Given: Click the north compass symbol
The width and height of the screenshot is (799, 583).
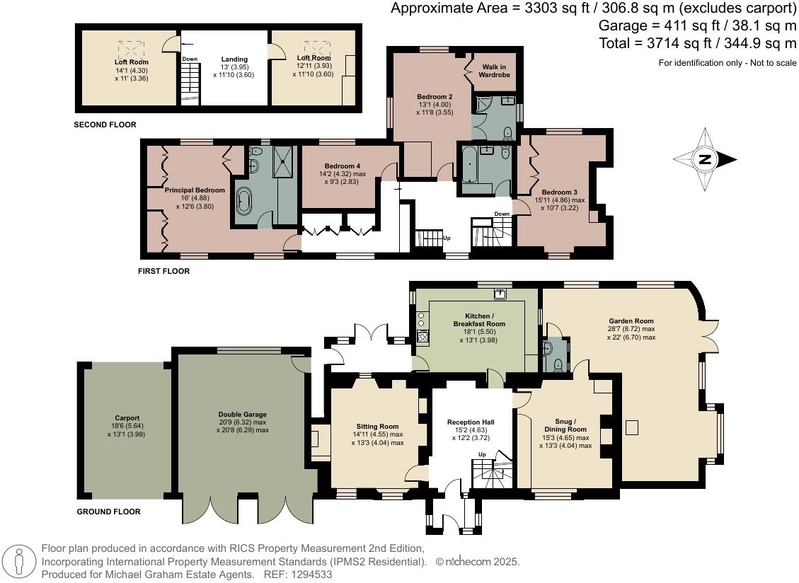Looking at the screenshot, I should (x=704, y=159).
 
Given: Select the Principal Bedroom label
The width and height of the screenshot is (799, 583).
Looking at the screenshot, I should (x=195, y=190).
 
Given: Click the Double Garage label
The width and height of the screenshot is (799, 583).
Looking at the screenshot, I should (x=243, y=415).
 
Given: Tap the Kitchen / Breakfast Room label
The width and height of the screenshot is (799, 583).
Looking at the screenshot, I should (x=474, y=320).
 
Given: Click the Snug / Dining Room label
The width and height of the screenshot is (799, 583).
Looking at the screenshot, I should (x=565, y=425).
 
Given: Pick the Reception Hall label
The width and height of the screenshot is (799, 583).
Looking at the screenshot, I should (x=471, y=422).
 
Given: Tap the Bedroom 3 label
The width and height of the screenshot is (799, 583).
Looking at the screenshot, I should (x=559, y=192).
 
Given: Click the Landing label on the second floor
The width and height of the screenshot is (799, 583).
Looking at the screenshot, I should (x=234, y=59).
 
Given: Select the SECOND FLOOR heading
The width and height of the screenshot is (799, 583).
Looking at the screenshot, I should (x=105, y=125).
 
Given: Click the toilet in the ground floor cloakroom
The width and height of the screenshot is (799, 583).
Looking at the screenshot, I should (x=558, y=364).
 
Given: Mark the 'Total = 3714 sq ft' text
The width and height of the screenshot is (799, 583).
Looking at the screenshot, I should (x=697, y=43).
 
